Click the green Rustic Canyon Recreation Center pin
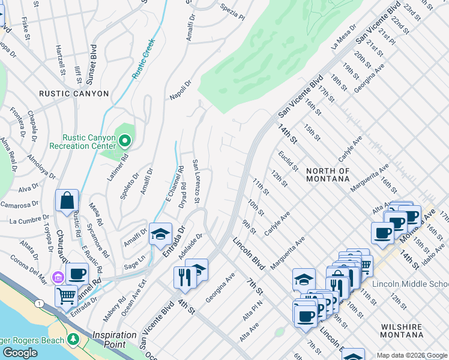coord(125,142)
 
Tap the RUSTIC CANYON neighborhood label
coord(74,94)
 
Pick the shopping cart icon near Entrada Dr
coord(66,295)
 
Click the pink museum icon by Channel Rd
coord(58,277)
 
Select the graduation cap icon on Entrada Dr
coord(160,235)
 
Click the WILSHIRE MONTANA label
coord(409,332)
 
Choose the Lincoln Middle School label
coord(410,284)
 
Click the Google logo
coord(20,353)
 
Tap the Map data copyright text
coord(412,355)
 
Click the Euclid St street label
coord(288,160)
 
